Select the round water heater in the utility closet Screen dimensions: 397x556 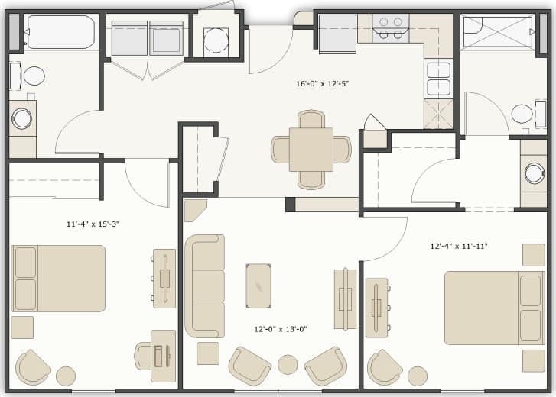216,40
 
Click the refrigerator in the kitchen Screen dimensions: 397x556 337,34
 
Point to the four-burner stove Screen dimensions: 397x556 390,28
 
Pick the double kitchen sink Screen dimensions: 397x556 438,79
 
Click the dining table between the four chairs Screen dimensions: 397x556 311,150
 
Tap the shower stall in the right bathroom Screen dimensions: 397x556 499,32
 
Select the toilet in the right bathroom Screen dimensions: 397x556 523,114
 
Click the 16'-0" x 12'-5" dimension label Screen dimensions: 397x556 322,83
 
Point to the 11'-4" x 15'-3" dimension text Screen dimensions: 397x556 93,224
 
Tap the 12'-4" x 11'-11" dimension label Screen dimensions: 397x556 459,246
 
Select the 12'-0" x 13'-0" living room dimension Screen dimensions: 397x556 281,329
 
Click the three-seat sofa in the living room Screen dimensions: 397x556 204,286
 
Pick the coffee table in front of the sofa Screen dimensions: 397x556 258,286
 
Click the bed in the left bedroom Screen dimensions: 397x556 59,278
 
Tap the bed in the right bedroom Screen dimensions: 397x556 494,308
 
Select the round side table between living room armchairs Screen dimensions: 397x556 288,364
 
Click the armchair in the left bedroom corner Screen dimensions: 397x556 33,367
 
